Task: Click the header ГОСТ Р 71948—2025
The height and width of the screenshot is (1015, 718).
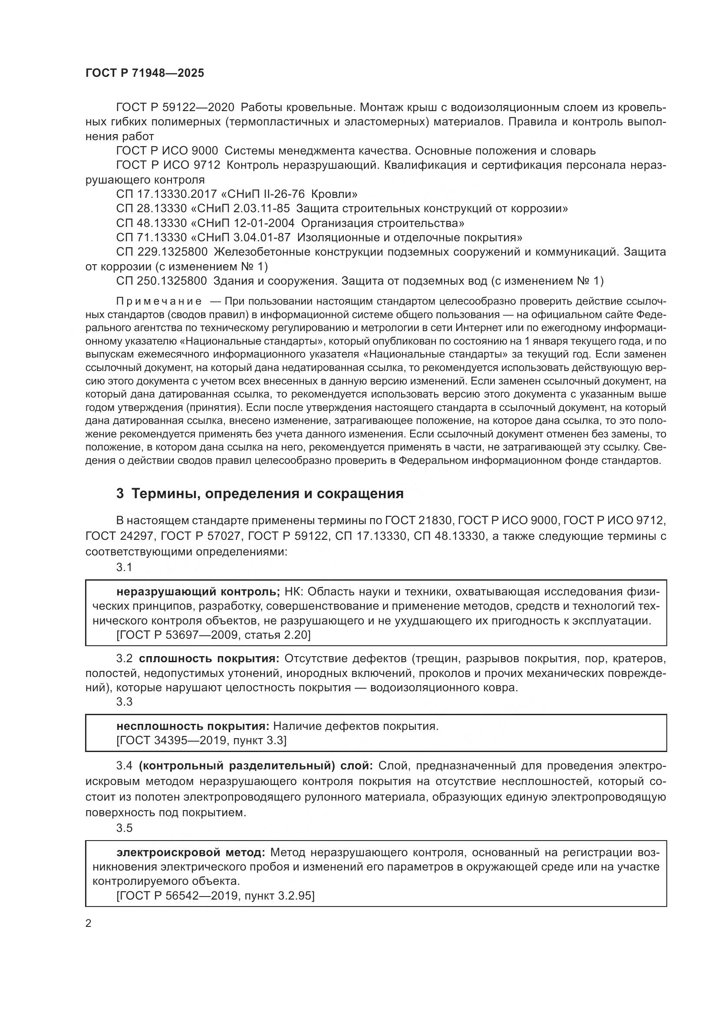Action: coord(145,73)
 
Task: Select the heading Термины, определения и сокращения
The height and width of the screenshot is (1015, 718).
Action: coord(260,493)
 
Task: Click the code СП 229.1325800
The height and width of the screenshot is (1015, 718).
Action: coord(162,252)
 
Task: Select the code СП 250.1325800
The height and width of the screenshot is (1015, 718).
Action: coord(161,281)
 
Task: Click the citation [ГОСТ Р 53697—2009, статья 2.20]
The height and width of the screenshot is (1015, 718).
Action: coord(213,635)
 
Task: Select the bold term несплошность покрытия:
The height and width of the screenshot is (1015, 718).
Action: coord(193,726)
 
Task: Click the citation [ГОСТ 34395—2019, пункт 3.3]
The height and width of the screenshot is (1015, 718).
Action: coord(201,740)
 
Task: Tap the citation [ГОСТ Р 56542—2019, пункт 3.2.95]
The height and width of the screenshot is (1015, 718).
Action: coord(215,896)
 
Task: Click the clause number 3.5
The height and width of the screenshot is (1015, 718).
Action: coord(124,828)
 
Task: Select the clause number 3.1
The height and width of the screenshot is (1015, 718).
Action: coord(124,567)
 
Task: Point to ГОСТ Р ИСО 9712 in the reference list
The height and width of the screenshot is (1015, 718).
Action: coord(168,165)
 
